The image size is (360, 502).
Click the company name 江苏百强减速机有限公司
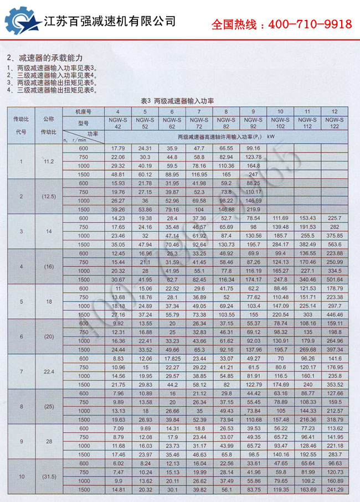tap(110, 22)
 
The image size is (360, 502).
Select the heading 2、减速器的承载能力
tap(44, 58)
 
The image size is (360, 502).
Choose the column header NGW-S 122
tap(334, 123)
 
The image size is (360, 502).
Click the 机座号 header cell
tap(84, 112)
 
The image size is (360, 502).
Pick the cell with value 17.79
tap(117, 148)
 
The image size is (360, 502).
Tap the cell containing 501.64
tap(334, 280)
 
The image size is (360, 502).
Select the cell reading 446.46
tap(334, 314)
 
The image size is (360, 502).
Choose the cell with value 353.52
tap(334, 384)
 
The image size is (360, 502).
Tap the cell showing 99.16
tap(253, 148)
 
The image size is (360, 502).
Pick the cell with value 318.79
tap(334, 419)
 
